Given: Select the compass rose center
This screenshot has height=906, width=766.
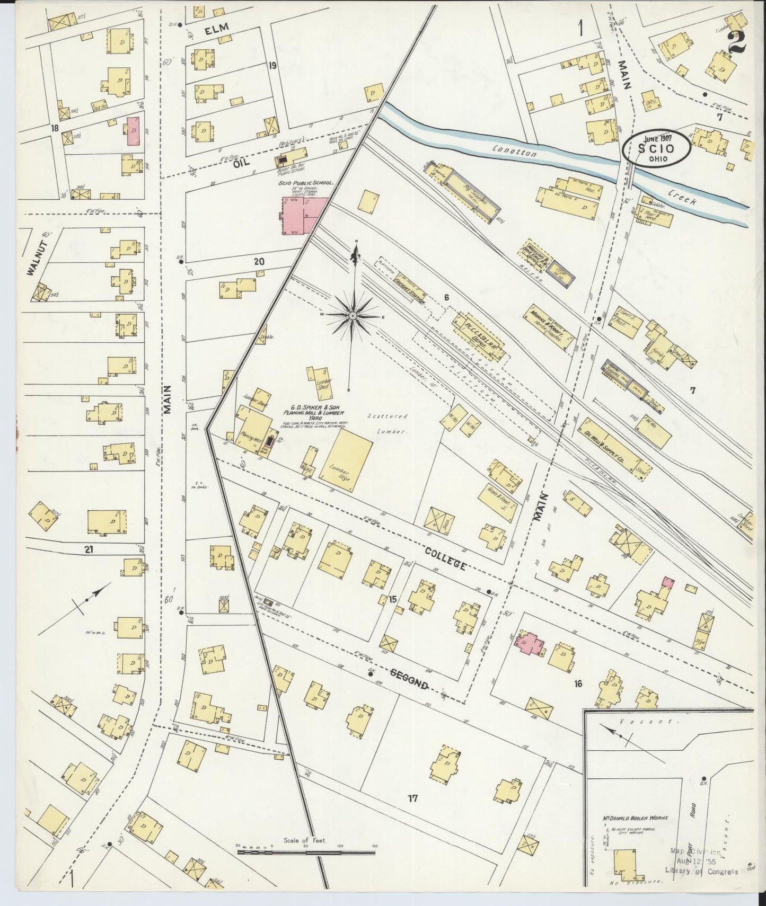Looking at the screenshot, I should pos(352,316).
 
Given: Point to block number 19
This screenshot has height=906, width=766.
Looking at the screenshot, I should pos(272,66).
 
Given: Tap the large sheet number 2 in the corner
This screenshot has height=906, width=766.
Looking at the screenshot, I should pos(737,42).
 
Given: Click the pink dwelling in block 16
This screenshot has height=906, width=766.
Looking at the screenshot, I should pos(528,642).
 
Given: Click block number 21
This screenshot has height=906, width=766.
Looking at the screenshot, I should pos(88,550).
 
